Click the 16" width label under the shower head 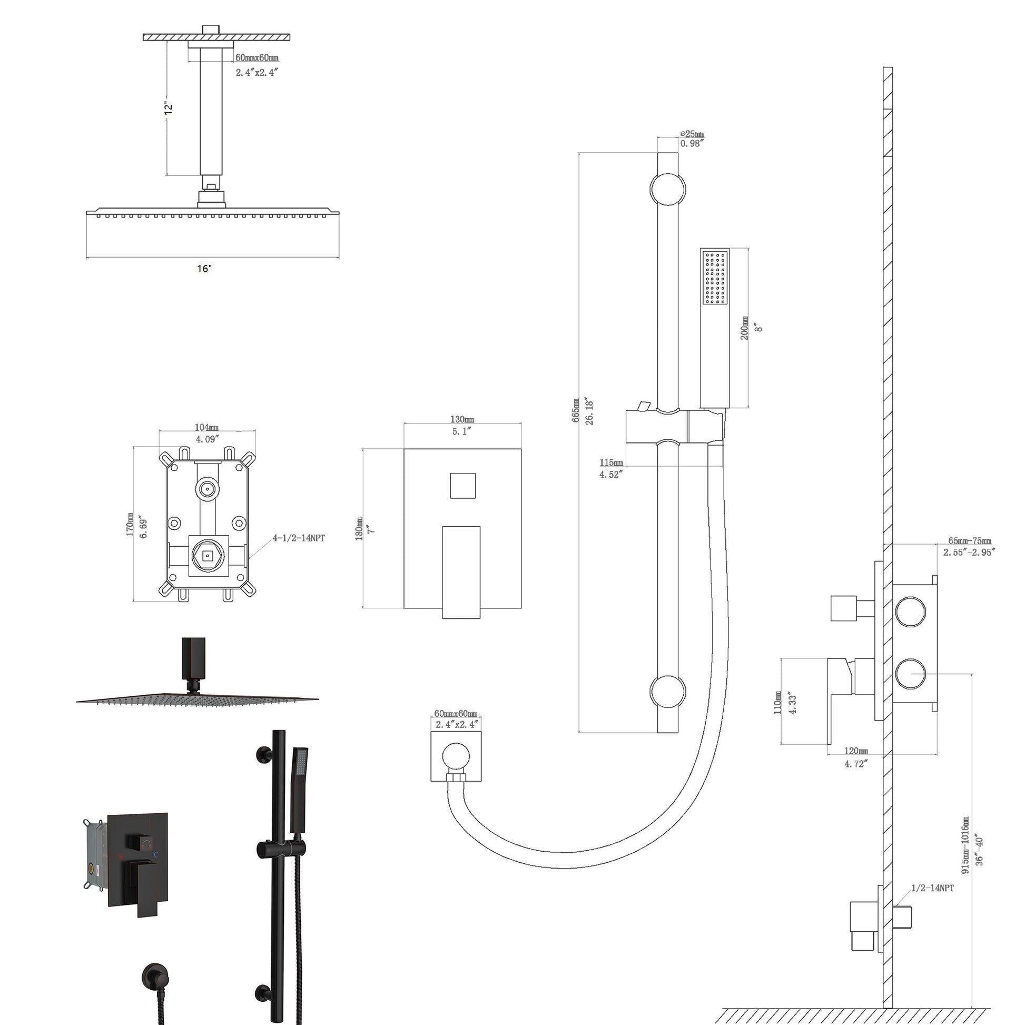tap(204, 269)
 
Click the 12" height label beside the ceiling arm tap(169, 107)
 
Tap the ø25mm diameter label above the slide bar tap(692, 135)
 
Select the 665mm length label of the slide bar tap(576, 410)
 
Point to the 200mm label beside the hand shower tap(745, 328)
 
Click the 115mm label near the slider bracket tap(611, 462)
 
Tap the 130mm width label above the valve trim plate tap(461, 420)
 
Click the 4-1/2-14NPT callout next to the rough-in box tap(299, 538)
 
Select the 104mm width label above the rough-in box tap(206, 428)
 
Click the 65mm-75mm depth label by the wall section tap(969, 541)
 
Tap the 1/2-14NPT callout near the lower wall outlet tap(932, 888)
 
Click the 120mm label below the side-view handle tap(856, 751)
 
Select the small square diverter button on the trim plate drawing tap(462, 486)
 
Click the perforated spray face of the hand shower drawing tap(715, 278)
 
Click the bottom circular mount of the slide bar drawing tap(667, 691)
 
